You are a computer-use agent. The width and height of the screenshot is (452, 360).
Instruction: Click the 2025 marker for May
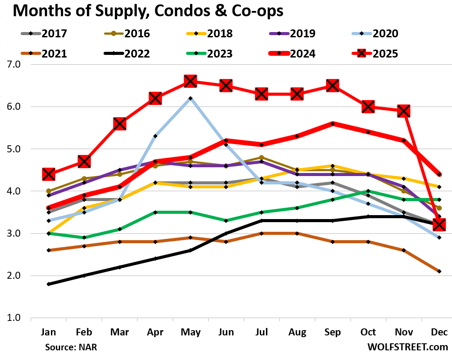tap(190, 81)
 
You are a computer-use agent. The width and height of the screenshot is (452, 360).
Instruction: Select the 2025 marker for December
tap(439, 225)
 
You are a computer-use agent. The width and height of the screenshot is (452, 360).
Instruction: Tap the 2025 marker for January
tap(48, 174)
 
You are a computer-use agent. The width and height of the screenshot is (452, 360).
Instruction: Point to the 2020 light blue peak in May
tap(190, 98)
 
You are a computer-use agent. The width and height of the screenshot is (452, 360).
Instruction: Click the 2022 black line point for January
tap(48, 284)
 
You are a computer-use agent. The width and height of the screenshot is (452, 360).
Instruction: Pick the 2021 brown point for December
tap(439, 271)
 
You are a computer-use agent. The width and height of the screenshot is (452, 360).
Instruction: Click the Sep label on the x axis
tap(332, 332)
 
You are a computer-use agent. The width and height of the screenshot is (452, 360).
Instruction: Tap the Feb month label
tap(83, 332)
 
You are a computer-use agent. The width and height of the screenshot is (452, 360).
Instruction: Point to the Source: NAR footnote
tap(71, 347)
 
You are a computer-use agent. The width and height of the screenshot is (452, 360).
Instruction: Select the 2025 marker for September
tap(332, 86)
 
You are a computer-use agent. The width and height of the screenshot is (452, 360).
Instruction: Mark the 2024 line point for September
tap(332, 124)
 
